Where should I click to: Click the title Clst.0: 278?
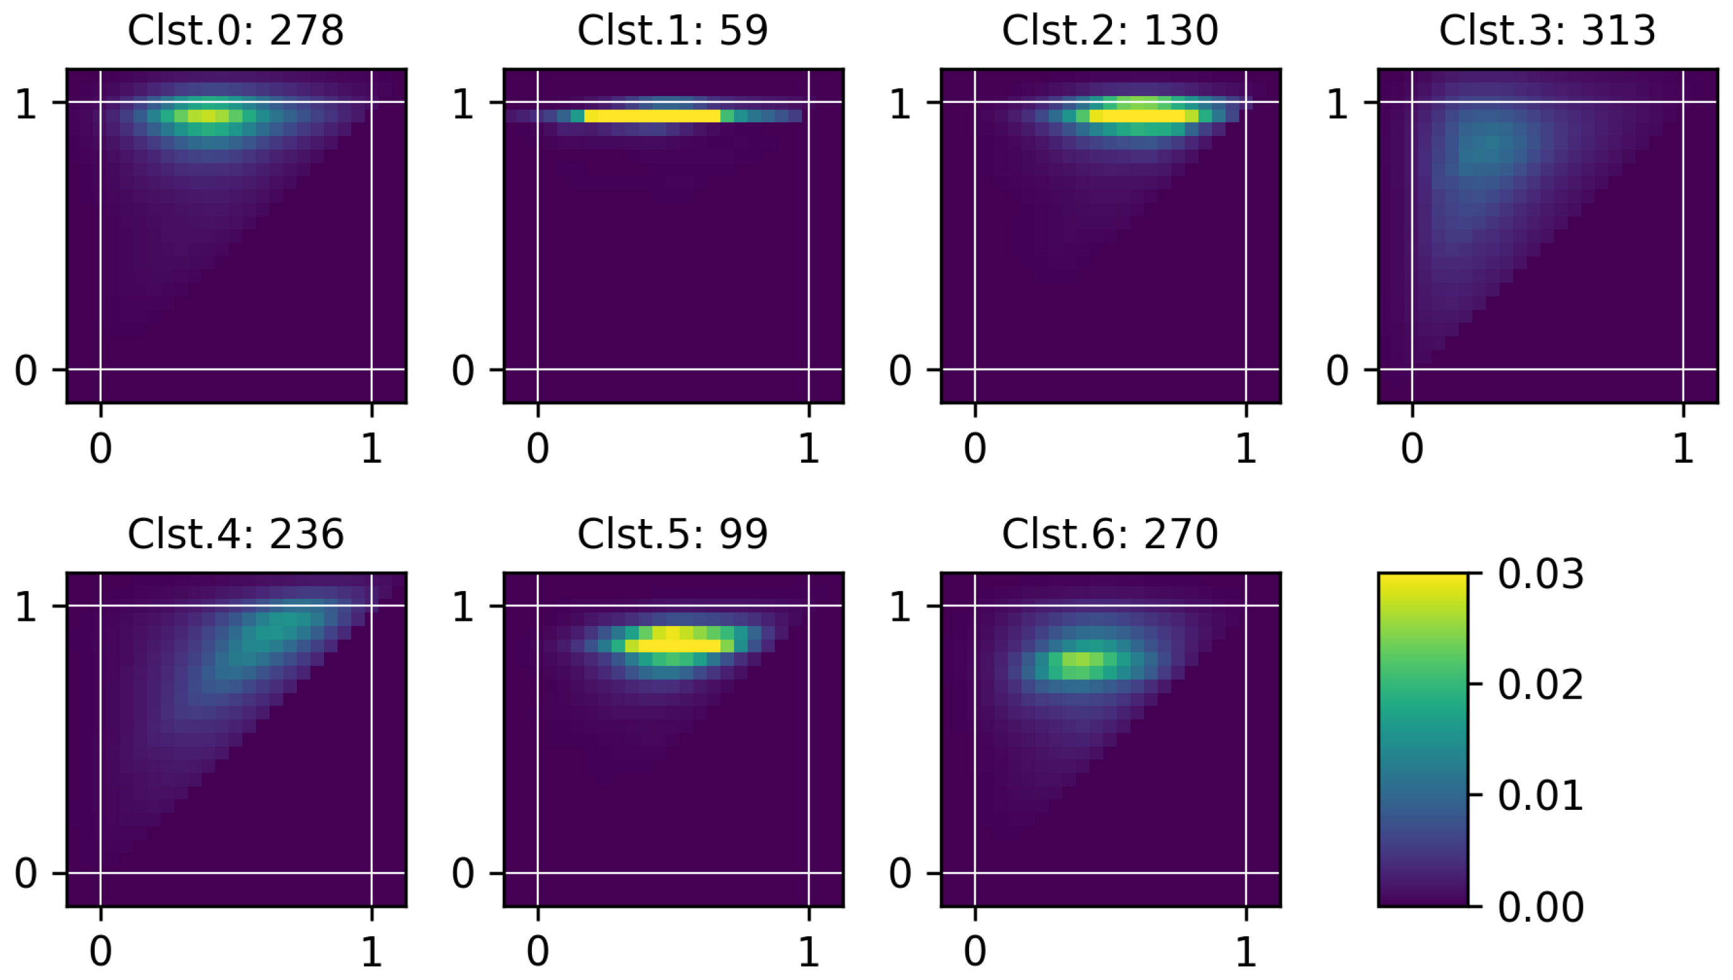click(236, 31)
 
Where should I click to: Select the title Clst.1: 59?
click(672, 31)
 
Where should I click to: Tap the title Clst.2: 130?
click(1110, 31)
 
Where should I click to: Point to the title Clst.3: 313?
click(1547, 31)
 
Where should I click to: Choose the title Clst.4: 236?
click(236, 534)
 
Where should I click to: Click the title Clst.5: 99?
click(672, 534)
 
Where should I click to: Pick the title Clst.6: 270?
click(1110, 534)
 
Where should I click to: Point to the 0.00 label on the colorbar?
click(1540, 907)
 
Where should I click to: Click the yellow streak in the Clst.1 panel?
click(652, 116)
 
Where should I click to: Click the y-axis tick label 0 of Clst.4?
click(25, 874)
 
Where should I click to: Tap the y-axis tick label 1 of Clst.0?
click(25, 104)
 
